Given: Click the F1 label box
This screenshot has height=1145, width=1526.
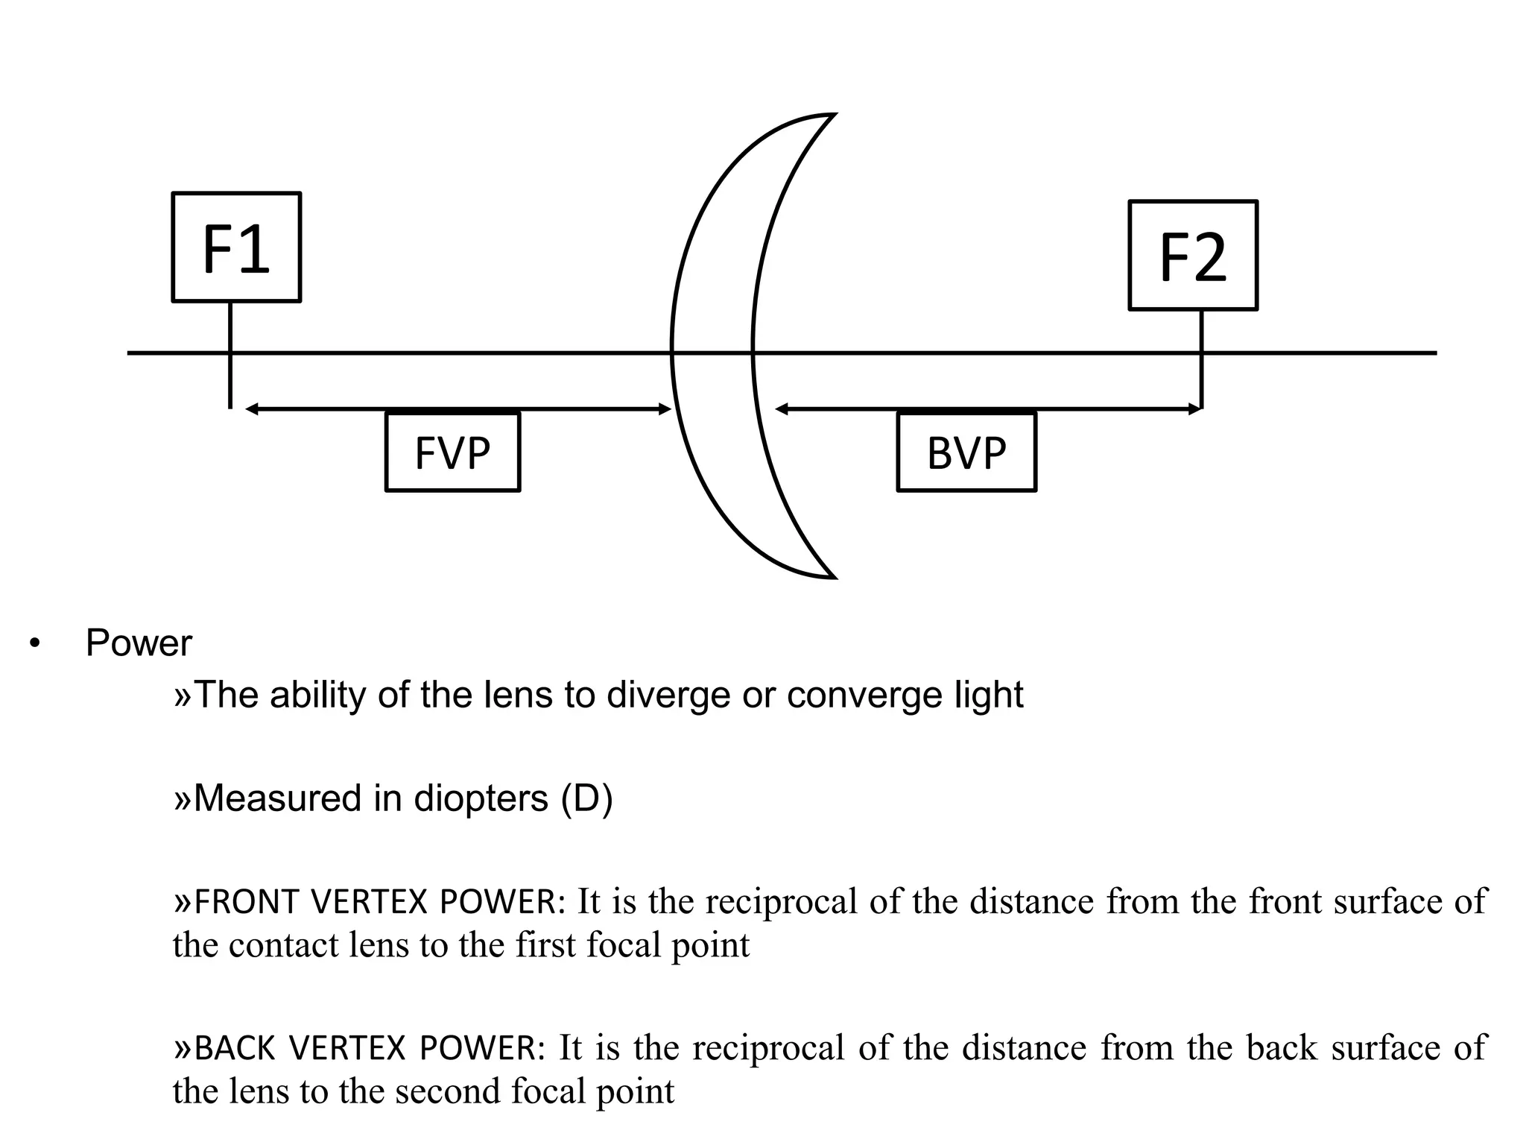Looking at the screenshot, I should pyautogui.click(x=236, y=247).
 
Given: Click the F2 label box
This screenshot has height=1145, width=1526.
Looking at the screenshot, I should pyautogui.click(x=1193, y=255).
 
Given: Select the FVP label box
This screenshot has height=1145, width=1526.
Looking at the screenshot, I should pyautogui.click(x=452, y=452).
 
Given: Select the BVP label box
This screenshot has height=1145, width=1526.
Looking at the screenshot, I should pyautogui.click(x=966, y=452).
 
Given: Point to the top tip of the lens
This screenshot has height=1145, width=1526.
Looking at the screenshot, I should pyautogui.click(x=832, y=115).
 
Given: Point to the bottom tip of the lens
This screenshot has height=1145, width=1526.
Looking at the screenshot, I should pyautogui.click(x=832, y=576).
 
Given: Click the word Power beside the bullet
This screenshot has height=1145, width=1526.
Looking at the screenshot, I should pyautogui.click(x=139, y=643).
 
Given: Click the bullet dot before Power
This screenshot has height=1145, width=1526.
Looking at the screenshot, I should pyautogui.click(x=34, y=644).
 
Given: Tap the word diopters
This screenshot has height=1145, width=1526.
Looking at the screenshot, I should pyautogui.click(x=481, y=798).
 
